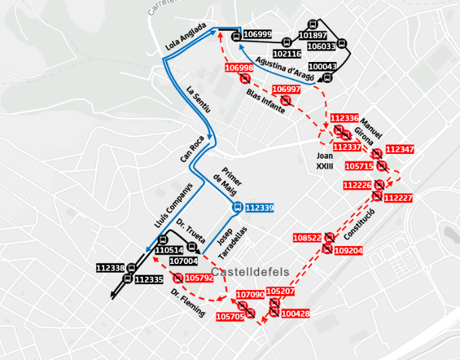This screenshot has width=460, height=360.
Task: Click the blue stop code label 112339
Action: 259,208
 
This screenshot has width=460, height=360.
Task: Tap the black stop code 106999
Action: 257,35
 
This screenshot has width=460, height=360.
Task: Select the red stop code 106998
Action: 239,68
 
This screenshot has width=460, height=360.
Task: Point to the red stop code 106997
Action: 287,89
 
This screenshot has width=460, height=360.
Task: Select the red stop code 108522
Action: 307,238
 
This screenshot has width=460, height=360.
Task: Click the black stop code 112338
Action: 110,268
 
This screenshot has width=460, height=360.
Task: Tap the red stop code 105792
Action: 199,278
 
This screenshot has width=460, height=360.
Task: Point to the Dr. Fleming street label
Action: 187,303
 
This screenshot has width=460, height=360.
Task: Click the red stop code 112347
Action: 399,149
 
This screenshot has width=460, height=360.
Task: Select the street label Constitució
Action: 361,225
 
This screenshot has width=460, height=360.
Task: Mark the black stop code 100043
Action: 323,67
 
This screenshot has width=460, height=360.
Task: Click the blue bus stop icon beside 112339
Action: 237,208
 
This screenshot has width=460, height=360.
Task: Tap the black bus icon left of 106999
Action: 236,36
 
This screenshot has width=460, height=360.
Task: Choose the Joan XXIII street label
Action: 325,160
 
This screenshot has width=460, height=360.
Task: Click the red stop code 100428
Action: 295,313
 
